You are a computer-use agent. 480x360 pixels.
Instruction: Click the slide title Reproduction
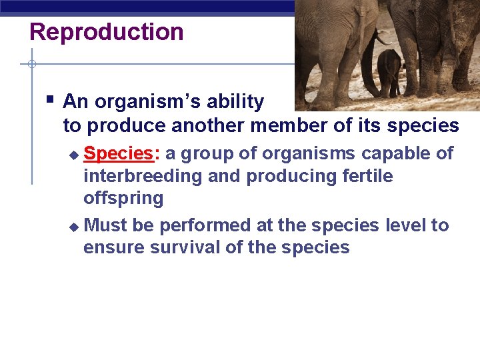click(107, 32)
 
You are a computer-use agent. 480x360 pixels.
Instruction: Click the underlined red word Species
click(119, 153)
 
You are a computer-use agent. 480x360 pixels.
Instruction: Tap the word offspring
click(123, 198)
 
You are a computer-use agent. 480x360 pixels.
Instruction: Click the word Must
click(107, 225)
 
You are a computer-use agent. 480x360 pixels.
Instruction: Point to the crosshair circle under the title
click(31, 65)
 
